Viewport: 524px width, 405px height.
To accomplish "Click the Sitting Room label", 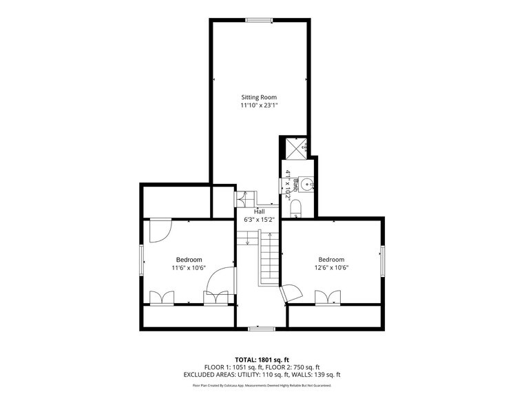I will [x=258, y=97].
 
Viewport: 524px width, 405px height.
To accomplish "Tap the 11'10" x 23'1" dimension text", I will [x=258, y=105].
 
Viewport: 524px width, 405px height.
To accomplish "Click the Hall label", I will [x=259, y=211].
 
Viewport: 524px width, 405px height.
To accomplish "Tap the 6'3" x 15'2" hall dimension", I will [x=259, y=220].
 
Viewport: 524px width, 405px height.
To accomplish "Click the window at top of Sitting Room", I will [x=260, y=20].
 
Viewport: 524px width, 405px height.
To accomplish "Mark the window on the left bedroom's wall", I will [x=143, y=261].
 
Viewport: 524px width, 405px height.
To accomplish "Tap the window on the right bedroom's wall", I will [x=381, y=261].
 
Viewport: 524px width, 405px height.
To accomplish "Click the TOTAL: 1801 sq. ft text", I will [x=262, y=360].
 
